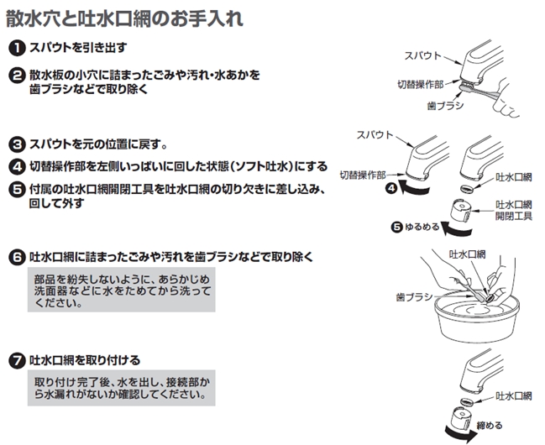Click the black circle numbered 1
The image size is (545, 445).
coord(17,48)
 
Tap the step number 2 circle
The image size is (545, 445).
coord(17,76)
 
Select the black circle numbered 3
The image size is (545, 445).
coord(17,144)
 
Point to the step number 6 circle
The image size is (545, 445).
coord(17,258)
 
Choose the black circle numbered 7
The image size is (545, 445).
coord(17,360)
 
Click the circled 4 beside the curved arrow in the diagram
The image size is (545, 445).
coord(391,188)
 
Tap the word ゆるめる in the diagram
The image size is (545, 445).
coord(422,228)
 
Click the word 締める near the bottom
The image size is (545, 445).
coord(490,425)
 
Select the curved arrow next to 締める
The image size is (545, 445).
coord(460,435)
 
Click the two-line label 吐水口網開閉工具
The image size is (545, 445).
coord(513,210)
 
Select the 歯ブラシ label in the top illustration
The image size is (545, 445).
coord(445,105)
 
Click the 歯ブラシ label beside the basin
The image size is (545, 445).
coord(414,297)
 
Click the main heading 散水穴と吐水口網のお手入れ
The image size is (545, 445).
coord(125,18)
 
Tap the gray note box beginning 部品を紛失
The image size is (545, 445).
coord(121,290)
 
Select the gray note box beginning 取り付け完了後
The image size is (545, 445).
coord(121,388)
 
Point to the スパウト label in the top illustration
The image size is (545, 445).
coord(422,56)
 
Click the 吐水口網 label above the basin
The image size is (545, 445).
coord(468,254)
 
